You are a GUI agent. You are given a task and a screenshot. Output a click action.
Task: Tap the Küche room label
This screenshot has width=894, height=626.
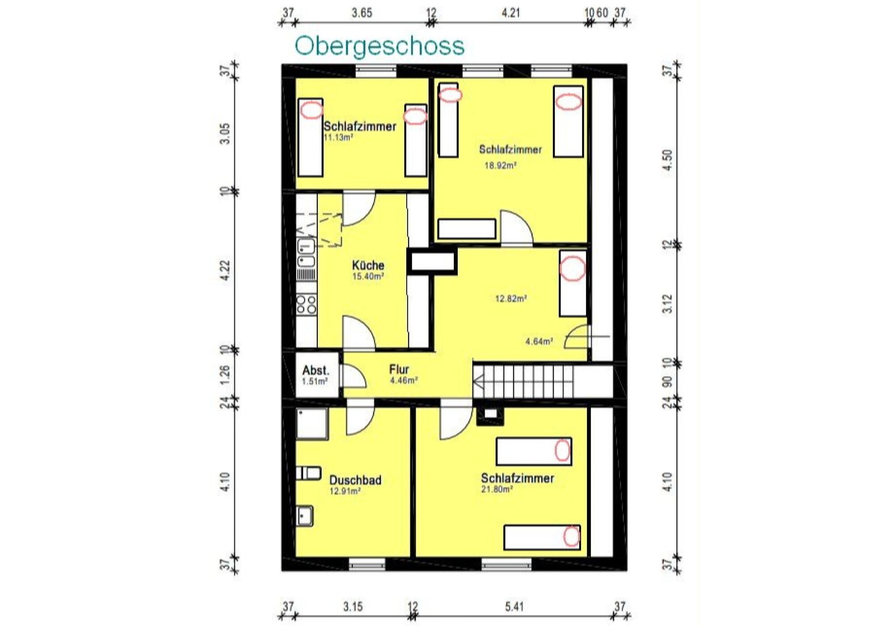(368, 265)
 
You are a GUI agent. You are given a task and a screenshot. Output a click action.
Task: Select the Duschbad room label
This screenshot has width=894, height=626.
(355, 480)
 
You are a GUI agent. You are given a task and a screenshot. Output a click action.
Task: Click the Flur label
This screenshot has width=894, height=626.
(399, 369)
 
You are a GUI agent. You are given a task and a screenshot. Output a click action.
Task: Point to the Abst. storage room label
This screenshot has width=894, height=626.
(316, 370)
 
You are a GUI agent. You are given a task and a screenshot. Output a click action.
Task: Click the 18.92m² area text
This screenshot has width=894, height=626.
(500, 165)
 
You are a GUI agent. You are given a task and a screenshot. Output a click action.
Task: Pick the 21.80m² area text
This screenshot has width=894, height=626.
(497, 489)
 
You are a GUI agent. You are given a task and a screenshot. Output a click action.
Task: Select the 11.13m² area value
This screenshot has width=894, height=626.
(338, 137)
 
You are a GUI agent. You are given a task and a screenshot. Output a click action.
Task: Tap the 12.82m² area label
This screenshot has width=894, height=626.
(510, 298)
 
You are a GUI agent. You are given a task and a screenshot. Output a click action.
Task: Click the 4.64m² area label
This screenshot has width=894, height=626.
(539, 342)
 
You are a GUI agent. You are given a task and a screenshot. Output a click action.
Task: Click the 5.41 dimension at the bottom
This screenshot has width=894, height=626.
(514, 607)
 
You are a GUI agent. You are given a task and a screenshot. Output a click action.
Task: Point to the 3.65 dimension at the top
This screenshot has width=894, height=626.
(362, 13)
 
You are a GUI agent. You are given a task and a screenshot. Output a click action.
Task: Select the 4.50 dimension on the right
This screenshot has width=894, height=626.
(667, 160)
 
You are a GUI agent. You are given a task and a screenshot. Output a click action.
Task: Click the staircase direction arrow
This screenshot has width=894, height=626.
(478, 383)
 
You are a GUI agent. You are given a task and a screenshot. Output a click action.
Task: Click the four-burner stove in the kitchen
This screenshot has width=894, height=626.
(307, 304)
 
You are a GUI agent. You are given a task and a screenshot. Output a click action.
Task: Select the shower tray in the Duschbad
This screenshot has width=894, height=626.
(312, 423)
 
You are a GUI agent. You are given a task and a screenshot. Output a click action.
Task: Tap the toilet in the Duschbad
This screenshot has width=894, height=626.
(308, 473)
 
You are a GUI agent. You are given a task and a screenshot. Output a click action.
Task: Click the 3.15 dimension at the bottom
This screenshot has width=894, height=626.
(353, 607)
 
